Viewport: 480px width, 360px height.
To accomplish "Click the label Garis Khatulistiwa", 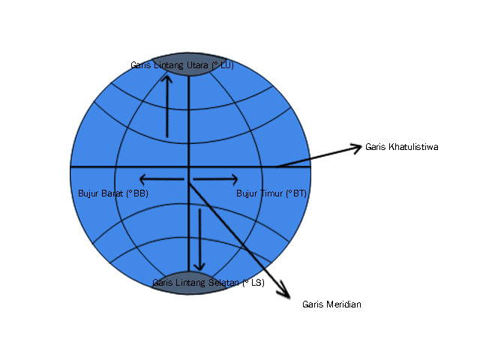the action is tap(401, 147).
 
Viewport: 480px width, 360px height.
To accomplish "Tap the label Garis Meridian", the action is tap(331, 304).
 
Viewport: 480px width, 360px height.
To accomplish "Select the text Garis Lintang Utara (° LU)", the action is tap(182, 65).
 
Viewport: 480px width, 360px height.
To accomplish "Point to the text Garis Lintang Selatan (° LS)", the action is tap(208, 283).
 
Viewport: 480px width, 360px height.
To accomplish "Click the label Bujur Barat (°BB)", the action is tap(113, 193).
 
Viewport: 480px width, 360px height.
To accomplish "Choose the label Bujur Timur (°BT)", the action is tap(271, 193).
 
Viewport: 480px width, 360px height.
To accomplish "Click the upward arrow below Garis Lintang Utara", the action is tap(167, 105).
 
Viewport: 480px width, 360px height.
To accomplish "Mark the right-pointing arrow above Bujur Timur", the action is tap(216, 178).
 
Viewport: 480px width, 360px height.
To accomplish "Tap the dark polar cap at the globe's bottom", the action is tap(189, 286).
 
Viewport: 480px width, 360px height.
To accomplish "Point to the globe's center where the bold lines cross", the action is tap(189, 166).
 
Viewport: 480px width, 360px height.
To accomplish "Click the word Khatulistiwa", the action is tap(412, 147).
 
